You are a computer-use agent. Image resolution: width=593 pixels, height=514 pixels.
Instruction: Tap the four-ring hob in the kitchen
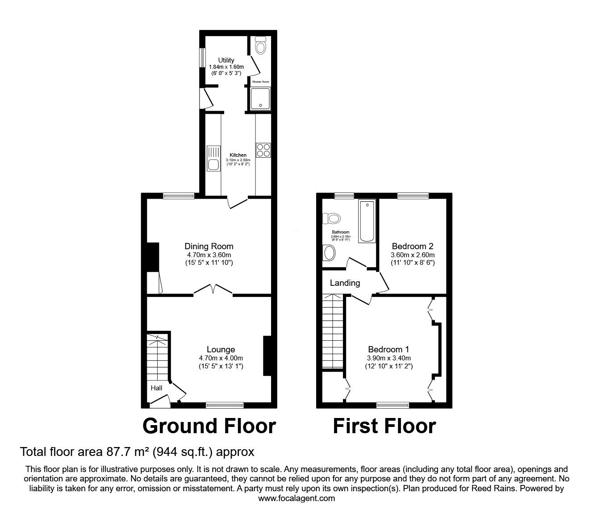click(x=262, y=150)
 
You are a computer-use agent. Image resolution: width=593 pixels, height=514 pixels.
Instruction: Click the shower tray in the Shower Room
click(x=260, y=99)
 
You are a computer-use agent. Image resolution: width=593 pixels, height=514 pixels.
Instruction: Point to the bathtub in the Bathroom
click(x=367, y=221)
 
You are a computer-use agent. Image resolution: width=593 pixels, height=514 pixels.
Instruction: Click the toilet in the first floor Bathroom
click(x=332, y=218)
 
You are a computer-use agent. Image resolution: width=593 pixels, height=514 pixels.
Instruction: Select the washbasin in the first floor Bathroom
click(x=330, y=253)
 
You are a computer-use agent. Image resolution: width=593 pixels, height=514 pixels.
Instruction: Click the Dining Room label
click(x=209, y=246)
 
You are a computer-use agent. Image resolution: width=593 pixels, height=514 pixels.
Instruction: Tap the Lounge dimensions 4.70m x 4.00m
click(x=221, y=358)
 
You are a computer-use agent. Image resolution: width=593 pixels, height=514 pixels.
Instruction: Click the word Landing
click(x=345, y=283)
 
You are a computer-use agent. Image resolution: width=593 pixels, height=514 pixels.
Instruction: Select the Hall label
click(x=156, y=388)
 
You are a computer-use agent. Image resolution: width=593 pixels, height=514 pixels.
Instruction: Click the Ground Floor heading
click(x=209, y=426)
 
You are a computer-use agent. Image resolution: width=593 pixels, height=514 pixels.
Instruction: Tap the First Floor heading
click(x=384, y=426)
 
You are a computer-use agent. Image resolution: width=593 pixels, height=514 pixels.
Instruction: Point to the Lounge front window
click(x=225, y=405)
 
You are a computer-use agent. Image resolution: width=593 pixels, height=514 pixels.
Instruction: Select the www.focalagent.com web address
click(x=296, y=498)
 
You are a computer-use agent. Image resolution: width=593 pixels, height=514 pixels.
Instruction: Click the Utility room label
click(x=226, y=60)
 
